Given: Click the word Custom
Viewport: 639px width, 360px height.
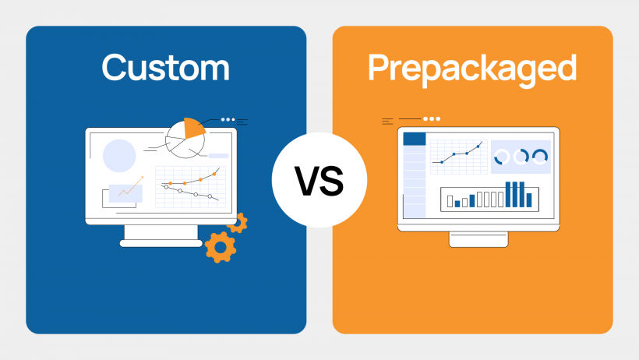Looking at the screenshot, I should pyautogui.click(x=165, y=68).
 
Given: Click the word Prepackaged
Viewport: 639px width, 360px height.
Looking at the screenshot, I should pyautogui.click(x=472, y=68).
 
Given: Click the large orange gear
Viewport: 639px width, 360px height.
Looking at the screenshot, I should pyautogui.click(x=221, y=246).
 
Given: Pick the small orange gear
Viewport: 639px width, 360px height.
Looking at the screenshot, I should pyautogui.click(x=238, y=222).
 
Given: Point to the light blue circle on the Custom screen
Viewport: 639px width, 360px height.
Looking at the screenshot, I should pyautogui.click(x=119, y=155).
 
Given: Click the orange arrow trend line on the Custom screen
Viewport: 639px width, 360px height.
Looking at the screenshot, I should pyautogui.click(x=131, y=188).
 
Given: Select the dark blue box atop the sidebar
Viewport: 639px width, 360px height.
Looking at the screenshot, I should pyautogui.click(x=415, y=139).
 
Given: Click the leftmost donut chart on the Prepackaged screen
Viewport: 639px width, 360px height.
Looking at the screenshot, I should pyautogui.click(x=502, y=157).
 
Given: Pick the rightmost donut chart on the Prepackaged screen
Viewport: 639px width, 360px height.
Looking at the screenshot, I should pyautogui.click(x=540, y=157).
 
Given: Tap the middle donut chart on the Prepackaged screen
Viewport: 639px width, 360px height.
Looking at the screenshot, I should pyautogui.click(x=521, y=157).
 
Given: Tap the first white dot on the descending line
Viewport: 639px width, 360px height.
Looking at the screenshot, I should pyautogui.click(x=165, y=186).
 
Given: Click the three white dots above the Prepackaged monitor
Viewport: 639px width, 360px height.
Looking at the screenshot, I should pyautogui.click(x=432, y=119).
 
